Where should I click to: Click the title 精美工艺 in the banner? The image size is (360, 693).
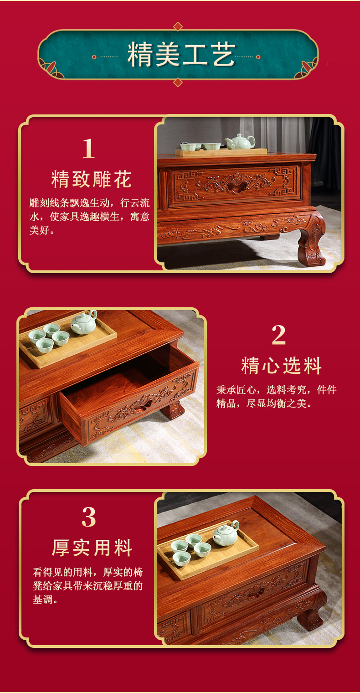181,56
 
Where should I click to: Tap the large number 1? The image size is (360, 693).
88,149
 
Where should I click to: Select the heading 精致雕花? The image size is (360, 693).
91,179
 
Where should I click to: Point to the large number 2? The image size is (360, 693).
278,335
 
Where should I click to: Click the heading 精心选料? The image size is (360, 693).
281,366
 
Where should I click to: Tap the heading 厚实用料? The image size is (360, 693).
92,548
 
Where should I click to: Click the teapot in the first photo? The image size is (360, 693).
240,142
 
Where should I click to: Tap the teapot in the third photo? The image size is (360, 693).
226,533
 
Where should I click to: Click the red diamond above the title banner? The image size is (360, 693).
178,26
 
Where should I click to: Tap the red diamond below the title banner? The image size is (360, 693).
178,82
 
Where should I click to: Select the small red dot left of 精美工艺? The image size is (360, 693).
94,57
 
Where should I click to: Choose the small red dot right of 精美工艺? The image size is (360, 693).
258,57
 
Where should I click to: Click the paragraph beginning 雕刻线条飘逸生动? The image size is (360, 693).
89,217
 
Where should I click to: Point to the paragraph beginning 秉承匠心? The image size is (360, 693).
276,396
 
